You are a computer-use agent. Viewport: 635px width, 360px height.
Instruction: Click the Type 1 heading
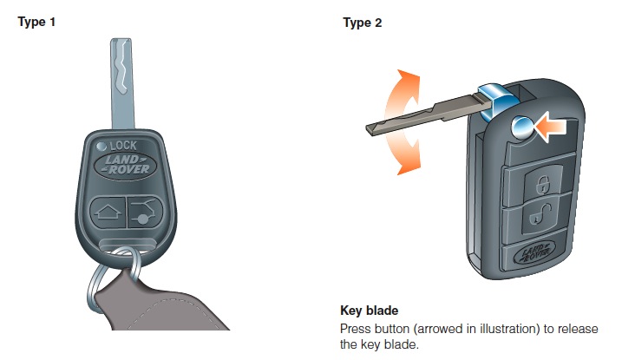tap(36, 23)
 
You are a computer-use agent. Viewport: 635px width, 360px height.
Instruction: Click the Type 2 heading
tap(363, 23)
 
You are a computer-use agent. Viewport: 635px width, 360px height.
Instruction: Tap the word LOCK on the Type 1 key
tap(123, 146)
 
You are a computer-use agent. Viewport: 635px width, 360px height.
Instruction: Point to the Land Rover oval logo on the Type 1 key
tap(125, 165)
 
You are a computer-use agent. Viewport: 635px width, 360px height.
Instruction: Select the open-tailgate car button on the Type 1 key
tap(145, 213)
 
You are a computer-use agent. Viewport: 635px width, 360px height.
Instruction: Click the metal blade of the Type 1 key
tap(122, 84)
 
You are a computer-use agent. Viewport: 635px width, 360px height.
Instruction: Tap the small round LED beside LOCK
tap(101, 147)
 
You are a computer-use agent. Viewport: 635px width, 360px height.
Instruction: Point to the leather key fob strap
tap(162, 304)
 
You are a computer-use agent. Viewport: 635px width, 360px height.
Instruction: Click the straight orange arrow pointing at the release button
tap(551, 127)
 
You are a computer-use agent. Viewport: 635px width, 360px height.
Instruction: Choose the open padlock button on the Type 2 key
tap(540, 216)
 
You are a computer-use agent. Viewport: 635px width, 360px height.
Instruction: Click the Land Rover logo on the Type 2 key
tap(533, 253)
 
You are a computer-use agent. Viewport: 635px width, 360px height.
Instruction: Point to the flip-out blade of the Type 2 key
tap(425, 114)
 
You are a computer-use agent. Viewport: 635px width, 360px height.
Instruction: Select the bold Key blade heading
tap(370, 311)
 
